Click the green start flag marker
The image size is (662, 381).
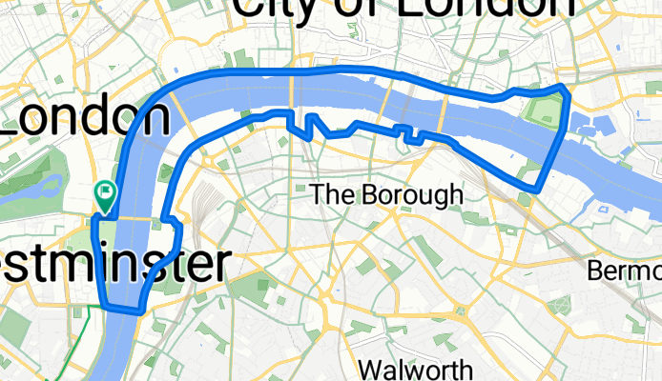point(105,193)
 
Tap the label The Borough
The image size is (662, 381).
point(386,194)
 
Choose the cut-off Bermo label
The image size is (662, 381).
point(624,271)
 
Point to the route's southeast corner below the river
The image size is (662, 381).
point(538,188)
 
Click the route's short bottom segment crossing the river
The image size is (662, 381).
point(122,310)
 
